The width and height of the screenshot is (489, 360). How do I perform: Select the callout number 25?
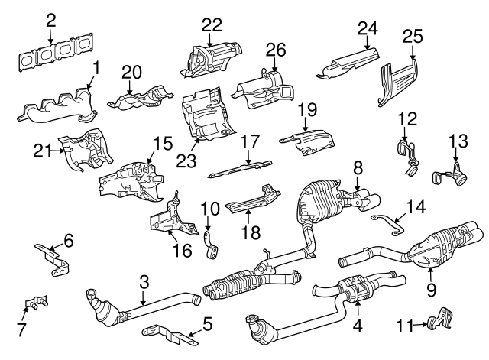(413, 36)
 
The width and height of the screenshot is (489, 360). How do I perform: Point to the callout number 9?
(431, 289)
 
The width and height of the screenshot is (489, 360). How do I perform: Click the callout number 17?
(250, 141)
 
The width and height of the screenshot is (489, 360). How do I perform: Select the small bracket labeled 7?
(32, 303)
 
